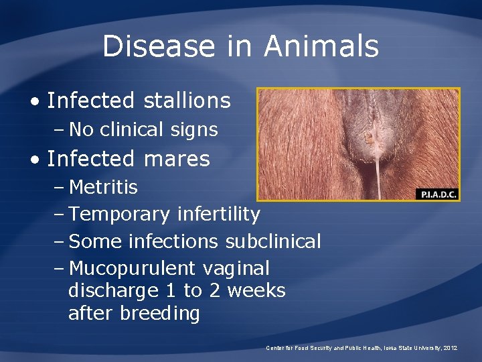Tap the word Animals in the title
tap(321, 46)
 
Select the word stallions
tap(187, 101)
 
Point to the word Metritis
tap(103, 187)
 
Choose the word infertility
tap(218, 215)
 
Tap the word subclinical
tap(273, 241)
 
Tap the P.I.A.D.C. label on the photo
tap(437, 194)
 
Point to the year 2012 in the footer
tap(450, 348)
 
